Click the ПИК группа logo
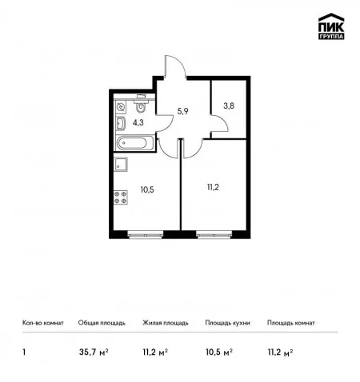[331, 26]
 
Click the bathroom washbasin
[121, 124]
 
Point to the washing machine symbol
[121, 107]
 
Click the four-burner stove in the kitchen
[120, 197]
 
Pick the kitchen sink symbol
[121, 165]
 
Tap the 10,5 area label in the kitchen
[147, 190]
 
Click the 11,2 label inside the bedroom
[213, 188]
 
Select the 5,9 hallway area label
[183, 111]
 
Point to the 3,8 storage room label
[229, 106]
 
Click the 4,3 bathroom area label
[138, 123]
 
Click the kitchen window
[146, 235]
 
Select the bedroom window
[214, 235]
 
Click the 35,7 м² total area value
[94, 352]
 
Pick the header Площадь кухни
[227, 323]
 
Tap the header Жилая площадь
[166, 323]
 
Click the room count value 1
[24, 352]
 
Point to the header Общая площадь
[102, 323]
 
